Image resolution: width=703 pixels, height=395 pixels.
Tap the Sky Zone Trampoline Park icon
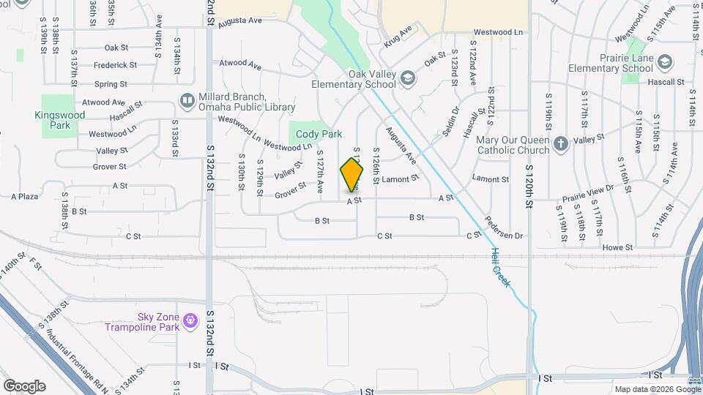tap(190, 320)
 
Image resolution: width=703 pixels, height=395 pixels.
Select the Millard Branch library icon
tap(187, 100)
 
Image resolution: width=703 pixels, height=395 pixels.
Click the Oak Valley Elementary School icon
tap(407, 78)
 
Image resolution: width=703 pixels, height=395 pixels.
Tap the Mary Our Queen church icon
tap(561, 143)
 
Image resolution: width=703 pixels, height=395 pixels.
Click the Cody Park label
tap(316, 135)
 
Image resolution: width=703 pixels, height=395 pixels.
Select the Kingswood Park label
tap(59, 120)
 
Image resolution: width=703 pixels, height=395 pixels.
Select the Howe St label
tap(612, 248)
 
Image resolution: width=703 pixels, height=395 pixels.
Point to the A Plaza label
tap(24, 196)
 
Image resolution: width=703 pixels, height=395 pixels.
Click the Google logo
tap(24, 386)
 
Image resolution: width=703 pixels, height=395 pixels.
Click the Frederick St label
tap(111, 65)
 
